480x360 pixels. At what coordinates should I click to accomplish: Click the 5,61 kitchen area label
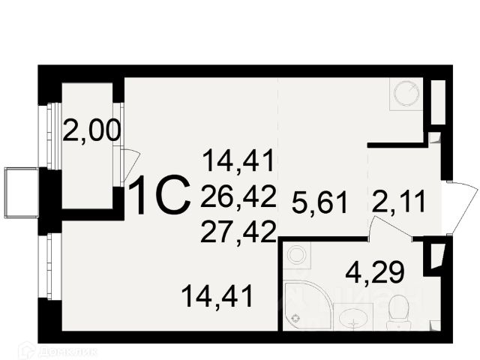pos(320,200)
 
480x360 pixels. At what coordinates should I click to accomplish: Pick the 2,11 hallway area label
pos(399,200)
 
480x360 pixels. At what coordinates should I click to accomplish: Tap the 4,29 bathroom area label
pos(369,269)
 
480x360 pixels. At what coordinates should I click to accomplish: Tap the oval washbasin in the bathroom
pos(349,318)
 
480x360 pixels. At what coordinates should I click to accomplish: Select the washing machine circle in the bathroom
pos(297,256)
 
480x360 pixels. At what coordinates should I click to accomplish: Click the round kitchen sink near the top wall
pos(406,97)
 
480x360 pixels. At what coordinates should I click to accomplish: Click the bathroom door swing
pos(390,228)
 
